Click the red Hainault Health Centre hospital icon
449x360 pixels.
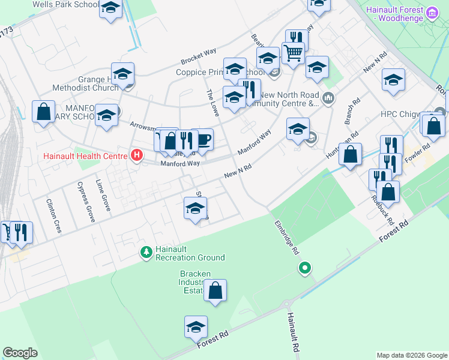pos(137,156)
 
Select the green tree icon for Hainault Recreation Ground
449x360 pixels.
pos(145,251)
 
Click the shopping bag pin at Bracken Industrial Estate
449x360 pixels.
pos(215,291)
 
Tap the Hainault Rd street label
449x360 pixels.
pos(292,332)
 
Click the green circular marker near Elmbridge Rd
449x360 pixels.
pos(305,268)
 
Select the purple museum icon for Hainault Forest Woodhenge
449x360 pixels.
pos(432,12)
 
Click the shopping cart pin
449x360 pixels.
pos(293,53)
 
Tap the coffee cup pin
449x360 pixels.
pos(204,140)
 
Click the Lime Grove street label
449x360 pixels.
pos(103,194)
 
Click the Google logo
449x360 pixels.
pos(20,353)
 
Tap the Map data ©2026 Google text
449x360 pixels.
pos(411,355)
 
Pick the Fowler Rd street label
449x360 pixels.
pos(418,154)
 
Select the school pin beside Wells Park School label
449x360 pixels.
pos(110,9)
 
